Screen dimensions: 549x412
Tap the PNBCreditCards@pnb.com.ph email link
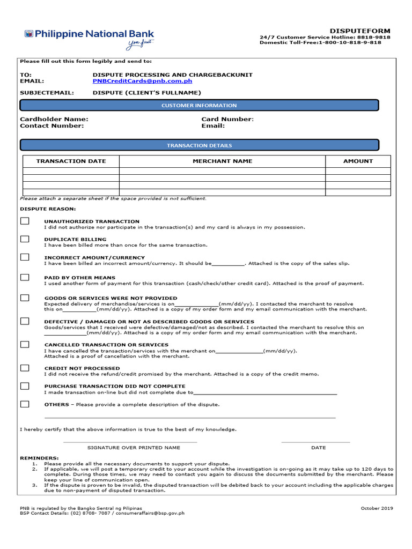[142, 81]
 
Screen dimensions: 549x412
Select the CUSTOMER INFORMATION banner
[199, 106]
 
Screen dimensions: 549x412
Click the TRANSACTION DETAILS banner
[199, 145]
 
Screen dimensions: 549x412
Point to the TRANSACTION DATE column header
[71, 161]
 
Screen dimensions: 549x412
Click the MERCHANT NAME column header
[222, 161]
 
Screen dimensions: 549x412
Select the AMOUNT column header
[358, 161]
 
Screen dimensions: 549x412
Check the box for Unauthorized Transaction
[25, 221]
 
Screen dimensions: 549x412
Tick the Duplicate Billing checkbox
[25, 239]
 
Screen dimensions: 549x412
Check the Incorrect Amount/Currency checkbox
[25, 257]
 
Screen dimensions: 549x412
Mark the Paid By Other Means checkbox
[25, 277]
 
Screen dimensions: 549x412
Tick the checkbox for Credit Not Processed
[25, 368]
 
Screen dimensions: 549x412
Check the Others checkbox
[25, 404]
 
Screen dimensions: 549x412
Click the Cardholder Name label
[54, 119]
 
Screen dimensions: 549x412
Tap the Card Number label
[227, 119]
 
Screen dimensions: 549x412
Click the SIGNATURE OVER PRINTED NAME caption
[134, 447]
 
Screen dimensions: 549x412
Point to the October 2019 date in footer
[377, 508]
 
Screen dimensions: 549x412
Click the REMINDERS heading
[39, 458]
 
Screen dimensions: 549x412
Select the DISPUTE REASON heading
[48, 209]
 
